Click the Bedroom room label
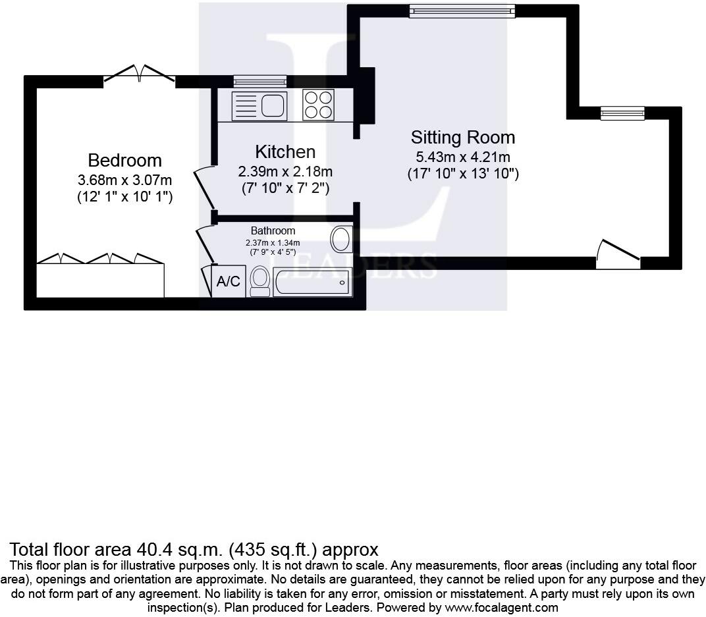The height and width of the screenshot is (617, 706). pyautogui.click(x=124, y=160)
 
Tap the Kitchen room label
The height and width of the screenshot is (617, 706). pyautogui.click(x=285, y=151)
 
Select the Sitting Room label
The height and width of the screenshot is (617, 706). pyautogui.click(x=463, y=137)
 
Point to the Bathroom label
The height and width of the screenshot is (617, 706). pyautogui.click(x=273, y=230)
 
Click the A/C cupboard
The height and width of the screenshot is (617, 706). pyautogui.click(x=229, y=281)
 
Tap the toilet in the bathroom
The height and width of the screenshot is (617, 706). pyautogui.click(x=259, y=281)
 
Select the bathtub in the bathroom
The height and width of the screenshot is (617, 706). pyautogui.click(x=312, y=282)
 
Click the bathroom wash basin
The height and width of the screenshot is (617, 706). pyautogui.click(x=341, y=239)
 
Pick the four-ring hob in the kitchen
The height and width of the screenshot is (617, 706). pyautogui.click(x=318, y=105)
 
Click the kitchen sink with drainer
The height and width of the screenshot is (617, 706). pyautogui.click(x=259, y=106)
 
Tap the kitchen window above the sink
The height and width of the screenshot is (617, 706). pyautogui.click(x=260, y=81)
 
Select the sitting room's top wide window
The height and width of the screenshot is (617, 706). pyautogui.click(x=462, y=11)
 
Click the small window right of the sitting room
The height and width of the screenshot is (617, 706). pyautogui.click(x=623, y=113)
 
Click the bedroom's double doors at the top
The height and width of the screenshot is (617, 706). pyautogui.click(x=139, y=74)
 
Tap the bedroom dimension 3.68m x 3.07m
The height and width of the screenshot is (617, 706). pyautogui.click(x=124, y=180)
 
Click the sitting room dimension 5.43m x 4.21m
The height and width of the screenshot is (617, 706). pyautogui.click(x=463, y=157)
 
